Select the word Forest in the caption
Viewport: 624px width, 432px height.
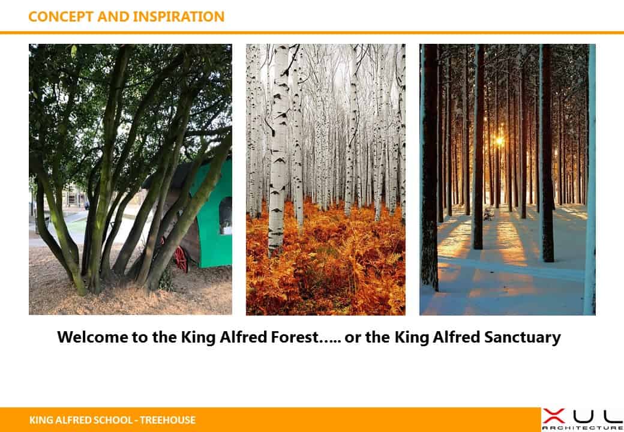[295, 337]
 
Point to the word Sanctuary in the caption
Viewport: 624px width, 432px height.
[523, 338]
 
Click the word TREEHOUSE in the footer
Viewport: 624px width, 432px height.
[167, 420]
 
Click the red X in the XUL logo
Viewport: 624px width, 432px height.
[554, 416]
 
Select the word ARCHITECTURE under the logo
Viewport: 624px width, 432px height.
[583, 428]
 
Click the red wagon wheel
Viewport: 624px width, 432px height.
[180, 259]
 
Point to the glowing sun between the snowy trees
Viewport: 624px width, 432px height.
[499, 140]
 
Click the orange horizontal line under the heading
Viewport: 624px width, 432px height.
[312, 32]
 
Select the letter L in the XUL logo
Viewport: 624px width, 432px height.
[613, 416]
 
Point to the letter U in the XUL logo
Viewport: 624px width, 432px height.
[584, 416]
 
